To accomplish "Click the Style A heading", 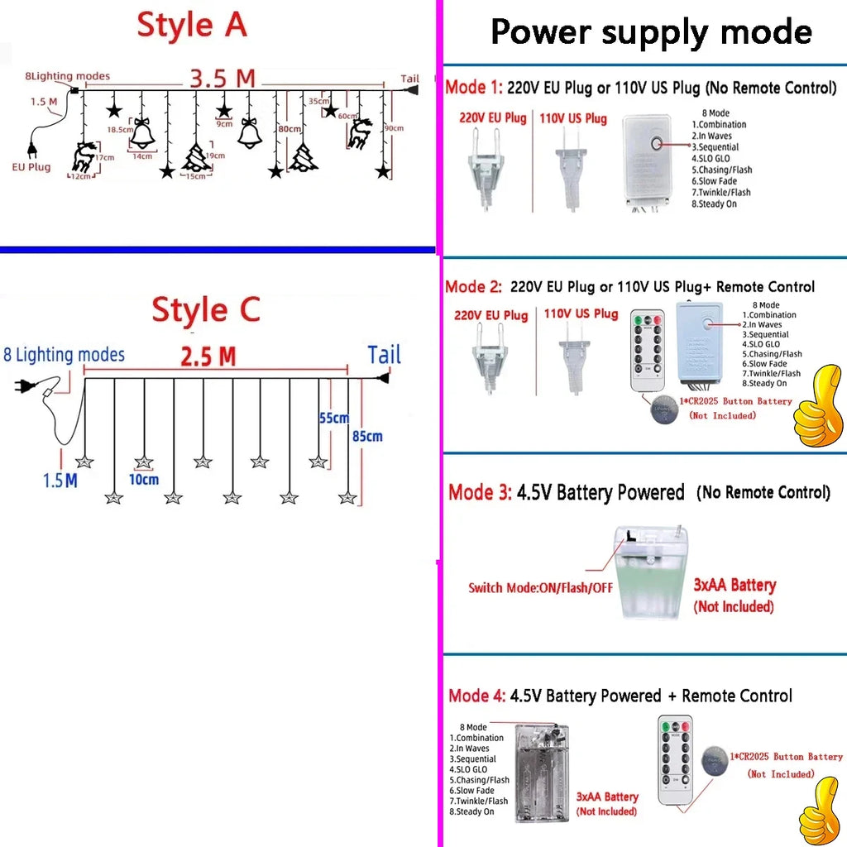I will click(x=192, y=25).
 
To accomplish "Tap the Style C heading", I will click(x=206, y=311).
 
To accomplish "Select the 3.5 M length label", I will click(x=223, y=79).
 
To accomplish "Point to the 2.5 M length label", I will click(x=208, y=357).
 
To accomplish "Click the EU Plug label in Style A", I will click(x=31, y=167).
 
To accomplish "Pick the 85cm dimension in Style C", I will click(x=367, y=436).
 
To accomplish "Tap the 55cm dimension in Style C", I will click(x=333, y=419).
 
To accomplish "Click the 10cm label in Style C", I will click(x=144, y=480).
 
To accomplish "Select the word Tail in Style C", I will click(x=385, y=356).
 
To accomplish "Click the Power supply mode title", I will click(x=651, y=31).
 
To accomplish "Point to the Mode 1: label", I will click(x=472, y=87).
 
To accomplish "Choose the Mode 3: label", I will click(x=480, y=493).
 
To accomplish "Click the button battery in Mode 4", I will click(x=715, y=762).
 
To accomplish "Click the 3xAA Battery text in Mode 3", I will click(x=735, y=586).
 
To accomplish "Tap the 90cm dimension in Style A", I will click(x=394, y=128).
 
